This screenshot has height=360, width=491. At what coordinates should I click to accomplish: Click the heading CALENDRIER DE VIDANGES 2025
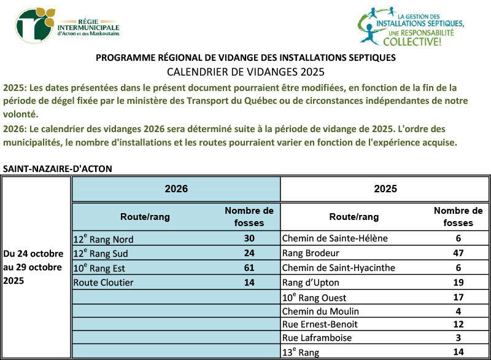click(x=245, y=71)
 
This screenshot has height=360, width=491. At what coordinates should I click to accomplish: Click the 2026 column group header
click(x=176, y=189)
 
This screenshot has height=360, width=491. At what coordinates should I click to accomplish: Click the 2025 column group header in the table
click(x=385, y=189)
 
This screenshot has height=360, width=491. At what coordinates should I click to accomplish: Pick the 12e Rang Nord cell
click(x=103, y=239)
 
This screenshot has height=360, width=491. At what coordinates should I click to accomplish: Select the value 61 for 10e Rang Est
click(x=249, y=267)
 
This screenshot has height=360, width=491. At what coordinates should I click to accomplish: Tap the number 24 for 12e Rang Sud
click(x=249, y=253)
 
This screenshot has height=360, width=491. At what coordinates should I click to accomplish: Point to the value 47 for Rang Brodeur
click(x=458, y=253)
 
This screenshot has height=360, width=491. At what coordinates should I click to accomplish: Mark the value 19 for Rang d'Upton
click(x=458, y=282)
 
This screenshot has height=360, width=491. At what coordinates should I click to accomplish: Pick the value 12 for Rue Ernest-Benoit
click(x=458, y=324)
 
